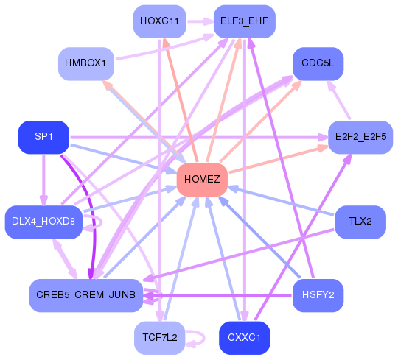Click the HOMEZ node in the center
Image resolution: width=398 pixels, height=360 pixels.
(x=202, y=180)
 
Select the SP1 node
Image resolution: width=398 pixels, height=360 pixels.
(x=43, y=137)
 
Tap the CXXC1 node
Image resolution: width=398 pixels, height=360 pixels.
(x=245, y=338)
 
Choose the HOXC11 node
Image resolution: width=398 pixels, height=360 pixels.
(x=160, y=21)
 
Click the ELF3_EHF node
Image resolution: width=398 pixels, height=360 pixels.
(x=245, y=21)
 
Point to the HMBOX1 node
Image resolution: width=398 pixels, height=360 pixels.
(x=86, y=63)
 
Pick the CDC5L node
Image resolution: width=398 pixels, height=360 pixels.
(x=318, y=63)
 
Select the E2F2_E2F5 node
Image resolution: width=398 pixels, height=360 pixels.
(x=360, y=137)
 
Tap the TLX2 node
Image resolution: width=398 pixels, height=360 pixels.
(x=360, y=222)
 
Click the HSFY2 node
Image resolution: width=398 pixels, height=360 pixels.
(x=318, y=295)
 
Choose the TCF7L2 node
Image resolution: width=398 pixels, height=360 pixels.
(x=160, y=338)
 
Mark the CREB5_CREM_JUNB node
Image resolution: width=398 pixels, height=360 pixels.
(x=86, y=295)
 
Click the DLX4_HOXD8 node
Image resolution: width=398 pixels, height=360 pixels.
(x=43, y=222)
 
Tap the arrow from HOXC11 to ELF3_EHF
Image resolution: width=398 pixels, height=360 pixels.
(x=200, y=21)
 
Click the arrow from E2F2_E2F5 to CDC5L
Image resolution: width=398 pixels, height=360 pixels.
(x=339, y=100)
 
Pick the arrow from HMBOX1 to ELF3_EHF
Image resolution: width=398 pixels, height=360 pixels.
(x=164, y=48)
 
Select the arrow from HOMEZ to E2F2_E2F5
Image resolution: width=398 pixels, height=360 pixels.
(x=279, y=160)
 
